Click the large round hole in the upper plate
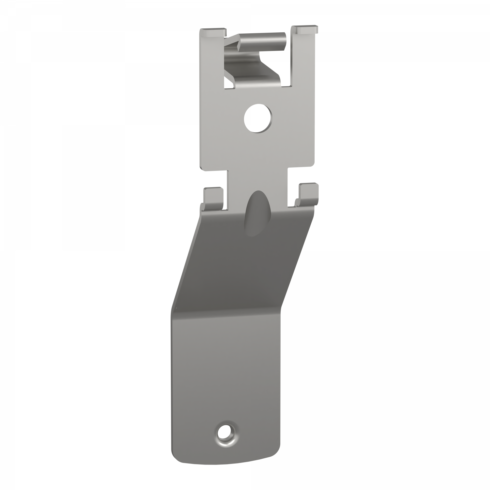click(x=258, y=118)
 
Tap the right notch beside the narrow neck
click(x=302, y=177)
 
